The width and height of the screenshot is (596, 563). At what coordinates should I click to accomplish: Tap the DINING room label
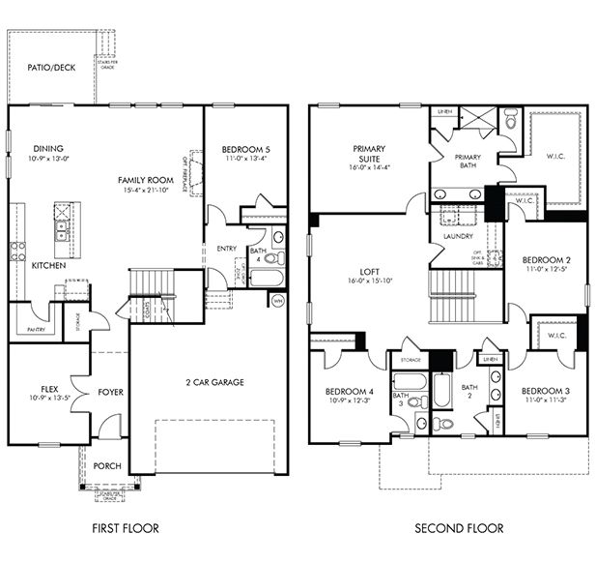(48, 148)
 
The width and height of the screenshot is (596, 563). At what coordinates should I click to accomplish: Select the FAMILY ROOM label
(145, 180)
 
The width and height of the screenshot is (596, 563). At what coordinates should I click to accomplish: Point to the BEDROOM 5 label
(245, 149)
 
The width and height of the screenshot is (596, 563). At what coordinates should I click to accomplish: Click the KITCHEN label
(48, 265)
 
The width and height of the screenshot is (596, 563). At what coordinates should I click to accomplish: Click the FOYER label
(110, 392)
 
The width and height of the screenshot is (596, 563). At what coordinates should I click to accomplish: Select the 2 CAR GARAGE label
(214, 382)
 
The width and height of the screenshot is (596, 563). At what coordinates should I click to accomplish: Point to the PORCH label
(107, 466)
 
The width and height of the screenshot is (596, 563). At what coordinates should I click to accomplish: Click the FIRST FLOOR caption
(125, 528)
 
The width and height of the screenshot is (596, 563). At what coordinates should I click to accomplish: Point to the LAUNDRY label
(456, 236)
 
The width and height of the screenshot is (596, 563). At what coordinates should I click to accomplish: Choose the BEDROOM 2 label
(546, 259)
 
